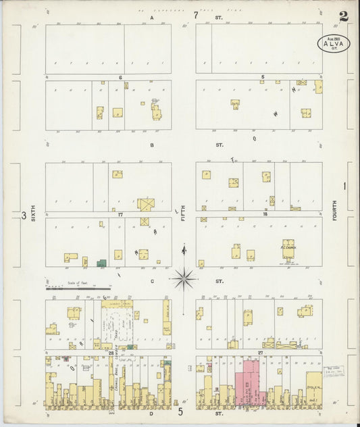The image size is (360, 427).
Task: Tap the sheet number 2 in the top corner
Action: click(344, 16)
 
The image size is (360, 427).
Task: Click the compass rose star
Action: click(184, 277)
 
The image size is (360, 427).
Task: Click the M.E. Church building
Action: click(289, 249)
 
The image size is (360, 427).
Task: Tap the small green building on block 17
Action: click(101, 263)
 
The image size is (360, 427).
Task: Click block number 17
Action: click(119, 215)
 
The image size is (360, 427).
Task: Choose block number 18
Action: click(265, 214)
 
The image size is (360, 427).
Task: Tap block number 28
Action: click(111, 353)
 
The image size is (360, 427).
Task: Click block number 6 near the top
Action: click(120, 78)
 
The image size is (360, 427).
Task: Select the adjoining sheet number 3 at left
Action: click(23, 216)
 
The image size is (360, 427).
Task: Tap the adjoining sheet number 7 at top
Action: click(196, 14)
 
